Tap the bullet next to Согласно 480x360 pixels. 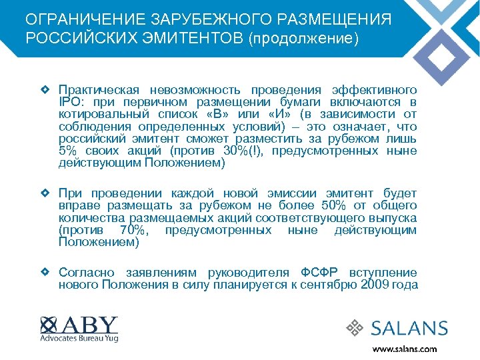point(44,272)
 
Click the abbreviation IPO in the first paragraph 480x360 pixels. point(70,102)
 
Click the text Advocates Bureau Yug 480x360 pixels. point(79,339)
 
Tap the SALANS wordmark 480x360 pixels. point(409,328)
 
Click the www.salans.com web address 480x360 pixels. point(404,349)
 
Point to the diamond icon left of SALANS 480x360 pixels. point(356,328)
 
